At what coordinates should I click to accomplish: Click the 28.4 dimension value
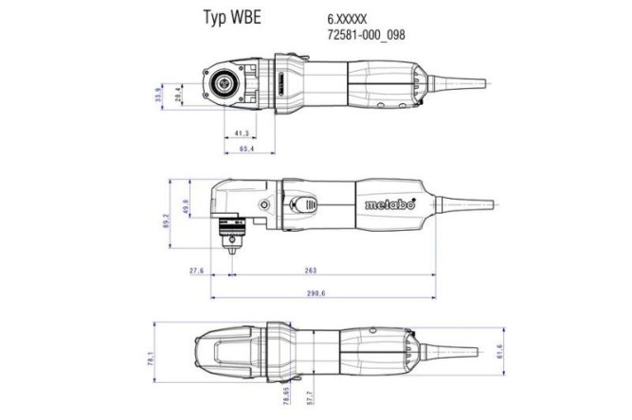coord(177,95)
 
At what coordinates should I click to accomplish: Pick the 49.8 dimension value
coord(186,206)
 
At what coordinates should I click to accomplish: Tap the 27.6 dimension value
coord(197,271)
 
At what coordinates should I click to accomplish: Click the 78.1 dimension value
coord(150,359)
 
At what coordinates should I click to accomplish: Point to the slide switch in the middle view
coord(305,206)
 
